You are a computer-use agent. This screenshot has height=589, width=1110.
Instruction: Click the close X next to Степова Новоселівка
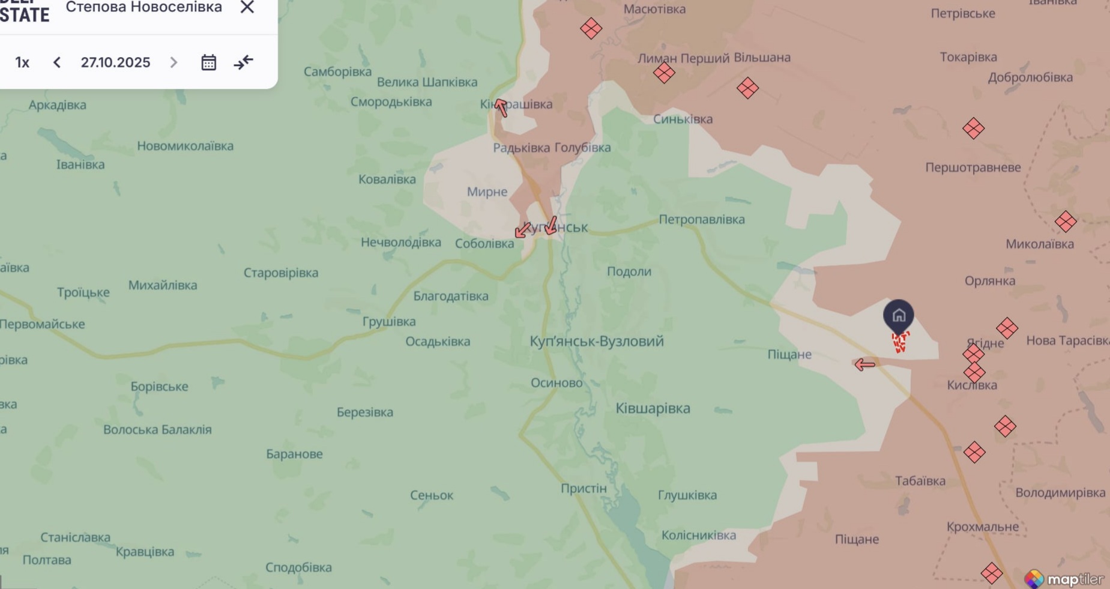point(247,7)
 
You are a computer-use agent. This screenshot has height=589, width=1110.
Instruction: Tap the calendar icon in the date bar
point(208,62)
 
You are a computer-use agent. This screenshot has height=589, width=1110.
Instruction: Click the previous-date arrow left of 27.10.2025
point(57,62)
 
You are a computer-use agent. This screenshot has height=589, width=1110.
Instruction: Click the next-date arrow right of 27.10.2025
point(173,62)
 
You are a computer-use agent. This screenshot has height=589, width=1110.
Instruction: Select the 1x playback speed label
point(22,62)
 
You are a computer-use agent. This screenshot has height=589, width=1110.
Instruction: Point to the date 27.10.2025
point(115,62)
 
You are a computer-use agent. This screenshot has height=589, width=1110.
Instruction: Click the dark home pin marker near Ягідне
point(898,316)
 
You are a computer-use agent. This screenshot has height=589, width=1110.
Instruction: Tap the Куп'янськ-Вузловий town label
point(596,341)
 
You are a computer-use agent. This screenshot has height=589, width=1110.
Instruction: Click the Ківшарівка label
point(653,408)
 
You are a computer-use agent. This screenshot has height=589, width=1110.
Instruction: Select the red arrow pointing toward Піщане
point(864,364)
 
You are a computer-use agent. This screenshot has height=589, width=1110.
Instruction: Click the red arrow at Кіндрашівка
point(501,107)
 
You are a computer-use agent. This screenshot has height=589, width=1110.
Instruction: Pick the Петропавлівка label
point(701,219)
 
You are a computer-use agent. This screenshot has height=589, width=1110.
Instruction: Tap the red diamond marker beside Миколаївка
point(1066,222)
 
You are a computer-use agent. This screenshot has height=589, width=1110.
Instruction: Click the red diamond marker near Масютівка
point(591,28)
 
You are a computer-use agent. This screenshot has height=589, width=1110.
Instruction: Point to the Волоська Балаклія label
point(157,429)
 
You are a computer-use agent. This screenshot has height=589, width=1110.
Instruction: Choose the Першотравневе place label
point(973,168)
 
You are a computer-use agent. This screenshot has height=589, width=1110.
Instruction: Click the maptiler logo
point(1064,579)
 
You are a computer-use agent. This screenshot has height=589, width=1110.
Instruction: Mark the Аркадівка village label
point(58,105)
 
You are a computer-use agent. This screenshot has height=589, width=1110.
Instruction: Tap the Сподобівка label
point(298,567)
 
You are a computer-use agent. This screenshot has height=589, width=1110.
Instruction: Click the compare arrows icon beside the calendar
point(243,62)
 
